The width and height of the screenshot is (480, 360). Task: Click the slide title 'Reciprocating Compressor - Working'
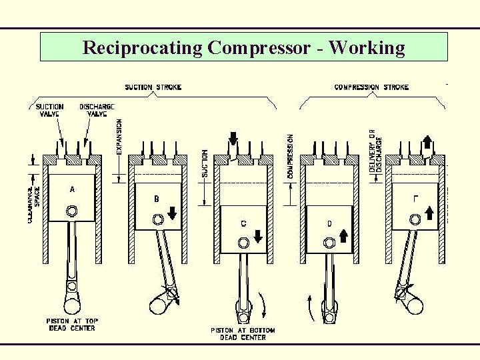pyautogui.click(x=243, y=48)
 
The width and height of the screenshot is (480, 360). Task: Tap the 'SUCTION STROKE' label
pyautogui.click(x=153, y=87)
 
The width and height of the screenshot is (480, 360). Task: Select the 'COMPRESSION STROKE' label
pyautogui.click(x=371, y=87)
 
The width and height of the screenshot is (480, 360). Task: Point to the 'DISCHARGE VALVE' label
pyautogui.click(x=97, y=110)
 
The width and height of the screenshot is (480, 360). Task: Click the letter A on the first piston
pyautogui.click(x=73, y=189)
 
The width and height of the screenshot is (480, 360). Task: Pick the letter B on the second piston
pyautogui.click(x=157, y=199)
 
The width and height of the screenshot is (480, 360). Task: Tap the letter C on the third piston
pyautogui.click(x=243, y=223)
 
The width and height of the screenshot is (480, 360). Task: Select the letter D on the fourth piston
pyautogui.click(x=329, y=223)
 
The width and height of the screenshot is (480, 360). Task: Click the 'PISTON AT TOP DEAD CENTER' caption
pyautogui.click(x=71, y=325)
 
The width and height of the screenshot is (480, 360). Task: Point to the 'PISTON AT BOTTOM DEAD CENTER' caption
pyautogui.click(x=243, y=334)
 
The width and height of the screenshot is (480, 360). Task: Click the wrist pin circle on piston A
pyautogui.click(x=72, y=211)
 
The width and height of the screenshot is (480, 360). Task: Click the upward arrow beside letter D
pyautogui.click(x=345, y=235)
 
